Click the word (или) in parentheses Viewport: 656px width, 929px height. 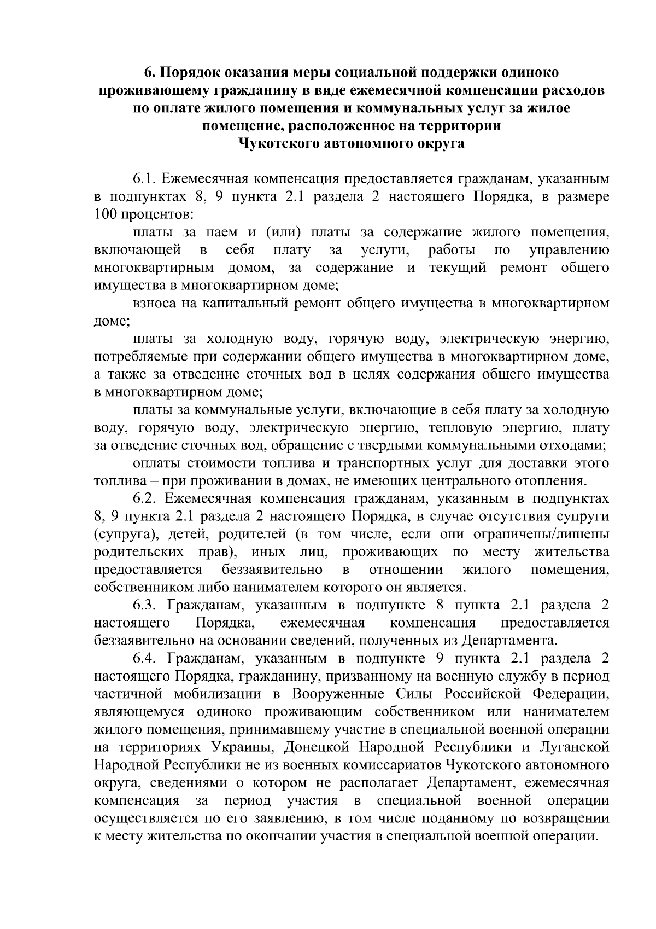point(283,233)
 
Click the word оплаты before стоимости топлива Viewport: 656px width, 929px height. point(156,463)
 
